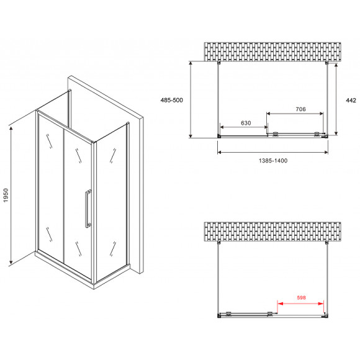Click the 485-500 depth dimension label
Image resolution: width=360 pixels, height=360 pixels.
coord(171,99)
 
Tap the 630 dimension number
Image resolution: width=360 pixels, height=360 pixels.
coord(245,123)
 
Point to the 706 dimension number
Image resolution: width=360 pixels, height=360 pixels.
coord(299,109)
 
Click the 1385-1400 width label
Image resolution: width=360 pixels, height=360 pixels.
coord(272,160)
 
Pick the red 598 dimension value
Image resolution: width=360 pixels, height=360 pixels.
coord(300,297)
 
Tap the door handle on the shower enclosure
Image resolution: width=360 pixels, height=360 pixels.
coord(89,209)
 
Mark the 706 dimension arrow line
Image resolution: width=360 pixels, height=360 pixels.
coord(295,114)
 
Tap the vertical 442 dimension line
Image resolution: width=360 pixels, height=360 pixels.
coord(336,99)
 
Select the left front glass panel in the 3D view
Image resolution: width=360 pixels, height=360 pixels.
coord(51,186)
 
